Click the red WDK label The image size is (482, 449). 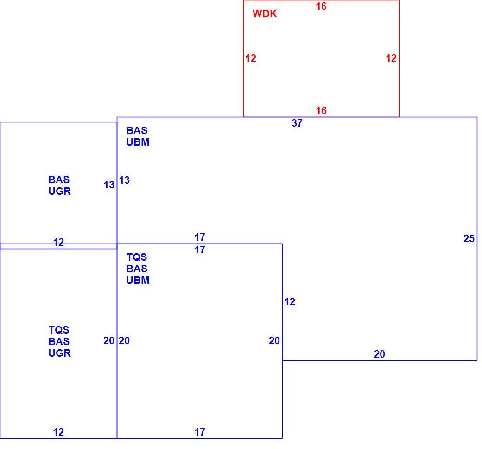pyautogui.click(x=265, y=13)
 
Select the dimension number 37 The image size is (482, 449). pyautogui.click(x=297, y=123)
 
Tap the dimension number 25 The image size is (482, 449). pyautogui.click(x=469, y=238)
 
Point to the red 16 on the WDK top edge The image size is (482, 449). pyautogui.click(x=321, y=6)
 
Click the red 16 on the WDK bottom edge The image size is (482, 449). pyautogui.click(x=321, y=110)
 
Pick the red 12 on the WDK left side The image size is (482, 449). pyautogui.click(x=251, y=58)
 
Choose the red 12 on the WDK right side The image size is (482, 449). pyautogui.click(x=391, y=58)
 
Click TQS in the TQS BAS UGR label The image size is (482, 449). pyautogui.click(x=59, y=330)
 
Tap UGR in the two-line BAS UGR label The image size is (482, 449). pyautogui.click(x=60, y=191)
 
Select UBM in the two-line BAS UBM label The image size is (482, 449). pyautogui.click(x=138, y=142)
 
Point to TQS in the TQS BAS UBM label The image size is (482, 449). pyautogui.click(x=137, y=257)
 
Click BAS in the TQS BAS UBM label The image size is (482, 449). pyautogui.click(x=137, y=269)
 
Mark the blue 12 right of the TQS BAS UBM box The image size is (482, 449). pyautogui.click(x=290, y=301)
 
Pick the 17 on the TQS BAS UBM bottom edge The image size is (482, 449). pyautogui.click(x=200, y=432)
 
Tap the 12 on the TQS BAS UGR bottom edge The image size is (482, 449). pyautogui.click(x=58, y=432)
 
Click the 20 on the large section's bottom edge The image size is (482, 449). pyautogui.click(x=379, y=354)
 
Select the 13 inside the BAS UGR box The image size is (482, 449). pyautogui.click(x=109, y=185)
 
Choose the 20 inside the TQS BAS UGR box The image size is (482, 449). pyautogui.click(x=109, y=340)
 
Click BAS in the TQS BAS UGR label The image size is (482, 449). pyautogui.click(x=59, y=341)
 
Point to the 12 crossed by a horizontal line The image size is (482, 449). pyautogui.click(x=58, y=243)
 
